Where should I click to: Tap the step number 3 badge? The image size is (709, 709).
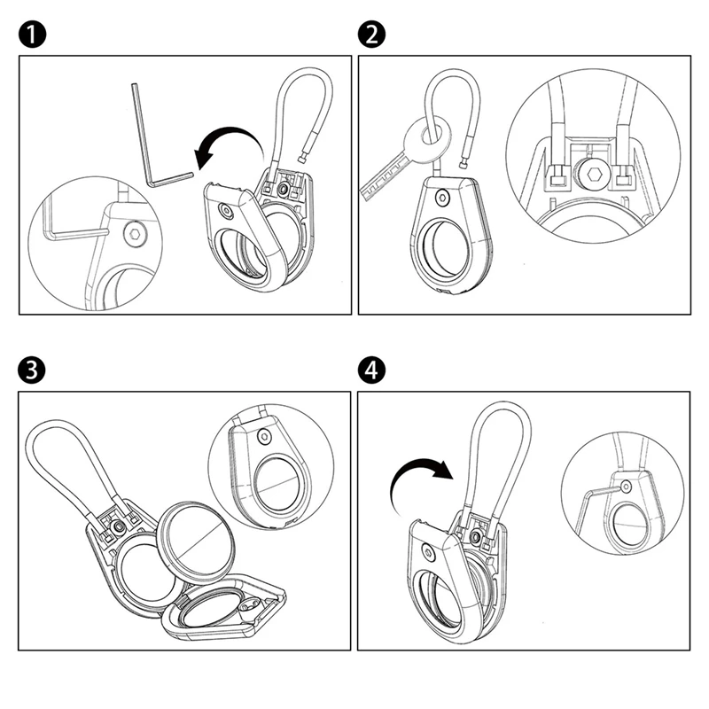[30, 370]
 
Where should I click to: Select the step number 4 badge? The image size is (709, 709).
[371, 370]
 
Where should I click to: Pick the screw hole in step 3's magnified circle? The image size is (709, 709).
[264, 436]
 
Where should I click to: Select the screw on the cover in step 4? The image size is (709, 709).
[429, 552]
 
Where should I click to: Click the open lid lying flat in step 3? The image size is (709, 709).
[226, 612]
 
